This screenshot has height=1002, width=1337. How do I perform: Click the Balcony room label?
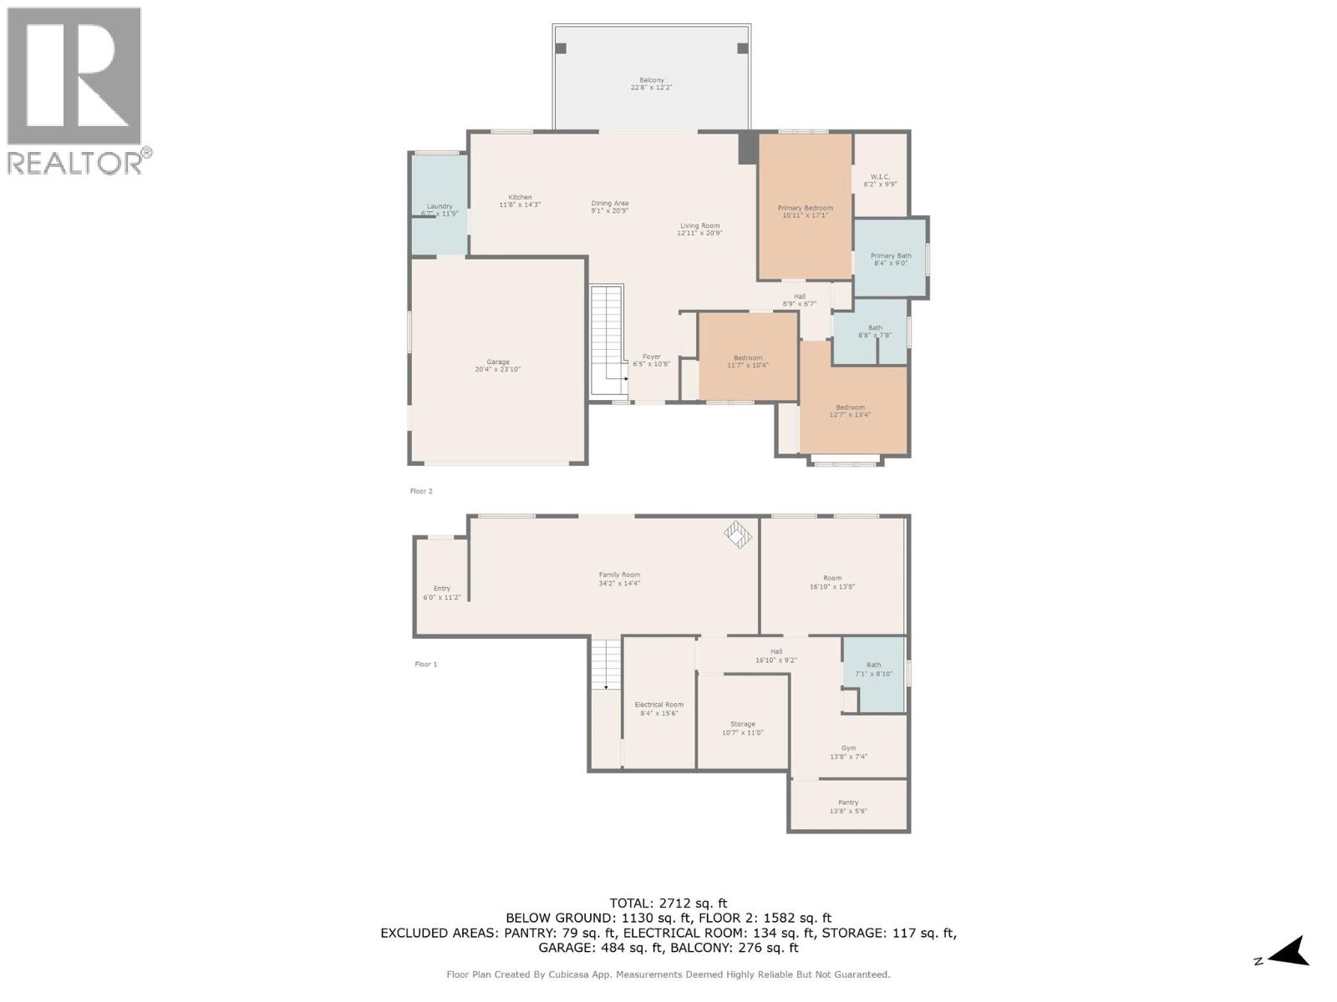click(x=651, y=80)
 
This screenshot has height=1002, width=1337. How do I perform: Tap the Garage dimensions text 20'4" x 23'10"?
click(x=498, y=369)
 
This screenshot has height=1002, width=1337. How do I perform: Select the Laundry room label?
click(x=440, y=206)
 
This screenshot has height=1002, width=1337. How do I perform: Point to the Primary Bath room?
click(x=891, y=259)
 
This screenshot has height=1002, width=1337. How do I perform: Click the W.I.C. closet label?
click(x=880, y=177)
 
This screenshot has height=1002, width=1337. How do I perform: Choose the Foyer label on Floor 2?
click(x=651, y=357)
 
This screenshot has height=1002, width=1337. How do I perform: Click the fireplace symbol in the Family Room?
click(x=738, y=534)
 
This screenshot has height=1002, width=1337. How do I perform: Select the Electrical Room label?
click(x=658, y=705)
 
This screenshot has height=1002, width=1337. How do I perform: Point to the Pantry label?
click(x=848, y=802)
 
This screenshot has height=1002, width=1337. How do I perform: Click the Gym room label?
click(x=848, y=748)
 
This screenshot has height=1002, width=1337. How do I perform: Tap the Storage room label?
click(x=742, y=724)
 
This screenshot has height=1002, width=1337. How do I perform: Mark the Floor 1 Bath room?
click(x=873, y=672)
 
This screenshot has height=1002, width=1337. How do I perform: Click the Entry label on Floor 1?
click(x=441, y=589)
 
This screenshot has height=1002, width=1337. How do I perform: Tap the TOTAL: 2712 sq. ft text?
click(x=668, y=903)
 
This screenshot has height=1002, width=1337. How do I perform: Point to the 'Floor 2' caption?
click(x=421, y=491)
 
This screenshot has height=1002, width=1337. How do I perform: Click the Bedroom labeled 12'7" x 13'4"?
click(x=850, y=407)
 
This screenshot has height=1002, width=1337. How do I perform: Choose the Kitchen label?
click(x=520, y=198)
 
